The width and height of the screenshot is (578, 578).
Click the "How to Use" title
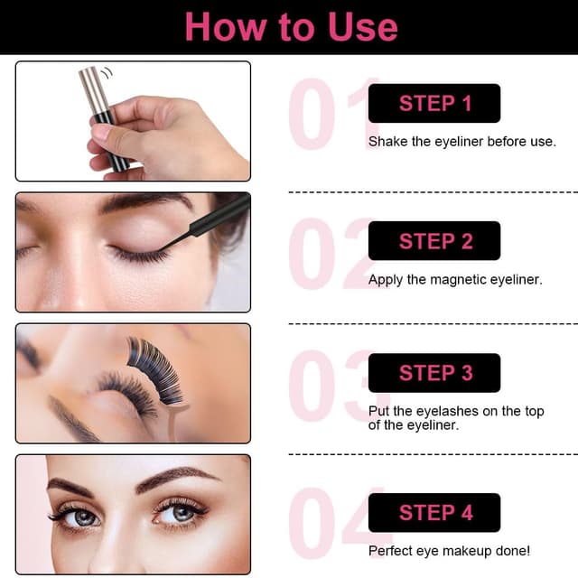point(291,27)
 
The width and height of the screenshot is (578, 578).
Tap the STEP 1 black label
point(433,103)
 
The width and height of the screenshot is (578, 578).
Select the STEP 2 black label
point(433,241)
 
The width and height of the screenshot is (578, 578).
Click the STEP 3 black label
point(433,372)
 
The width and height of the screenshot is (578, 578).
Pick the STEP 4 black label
point(433,512)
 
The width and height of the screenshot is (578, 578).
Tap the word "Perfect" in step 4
point(391,550)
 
